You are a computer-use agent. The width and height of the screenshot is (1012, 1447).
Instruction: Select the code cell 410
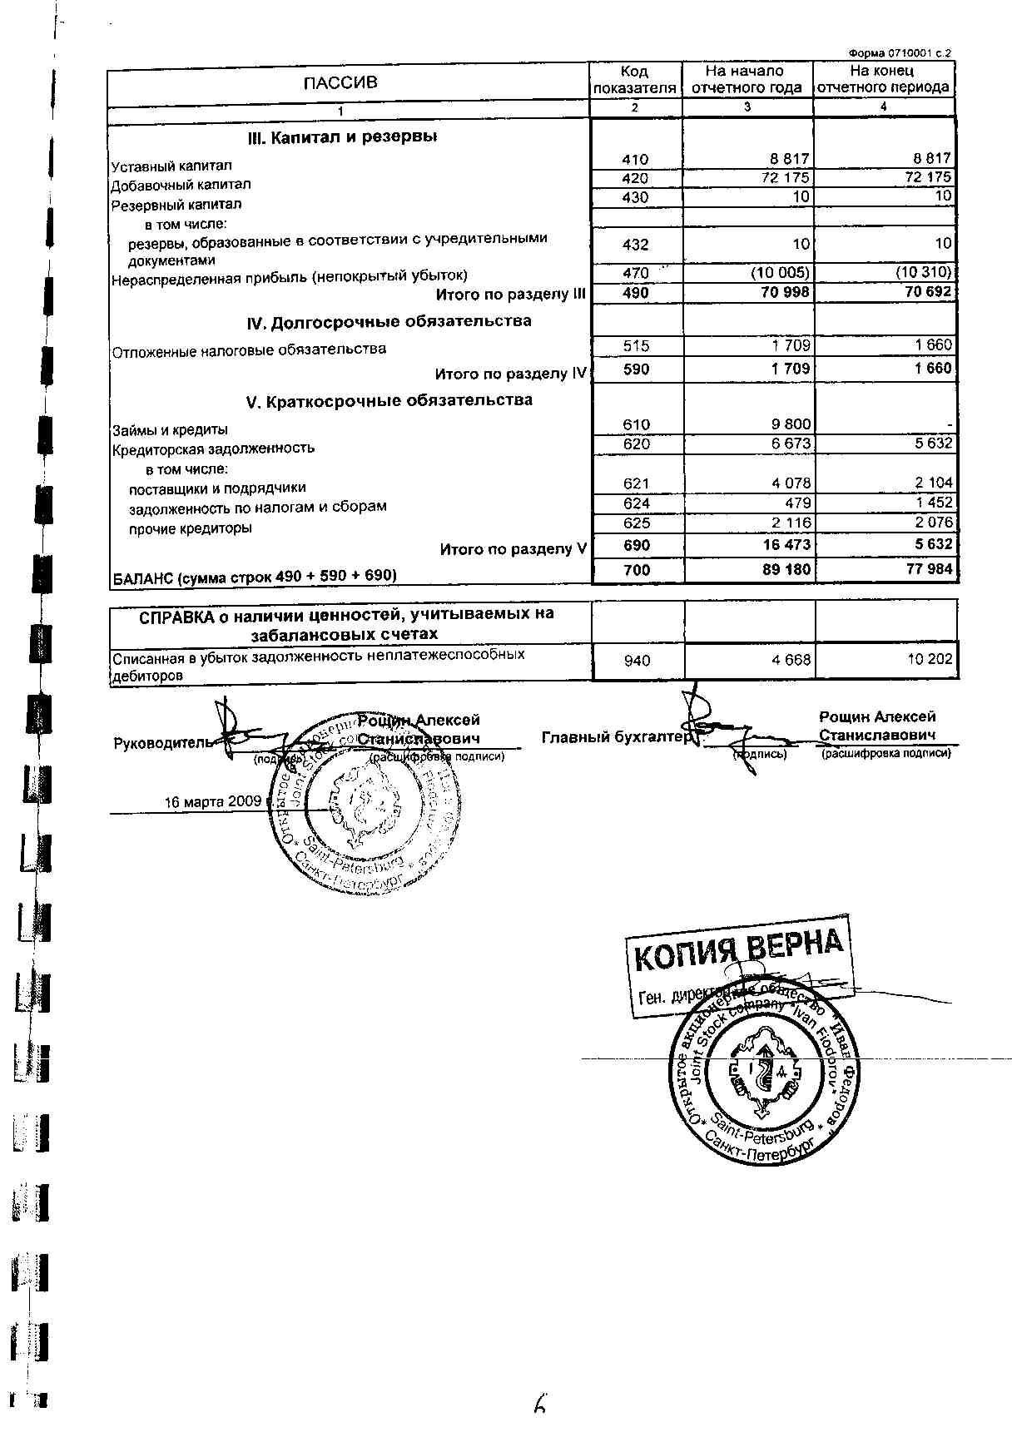[635, 159]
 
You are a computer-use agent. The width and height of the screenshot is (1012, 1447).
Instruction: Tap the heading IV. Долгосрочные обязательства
[389, 322]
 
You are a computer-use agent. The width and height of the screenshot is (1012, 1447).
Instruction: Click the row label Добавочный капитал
[181, 185]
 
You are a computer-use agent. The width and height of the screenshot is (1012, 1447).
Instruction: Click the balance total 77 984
[923, 570]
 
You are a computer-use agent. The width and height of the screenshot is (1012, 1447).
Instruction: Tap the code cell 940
[637, 661]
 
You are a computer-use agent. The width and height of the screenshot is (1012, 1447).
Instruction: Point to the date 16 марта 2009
[213, 802]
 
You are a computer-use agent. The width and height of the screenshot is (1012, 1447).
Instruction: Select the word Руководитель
[163, 743]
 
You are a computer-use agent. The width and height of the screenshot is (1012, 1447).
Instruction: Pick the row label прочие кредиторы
[191, 528]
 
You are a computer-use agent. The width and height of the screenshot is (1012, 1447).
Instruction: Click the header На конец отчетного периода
[883, 79]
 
